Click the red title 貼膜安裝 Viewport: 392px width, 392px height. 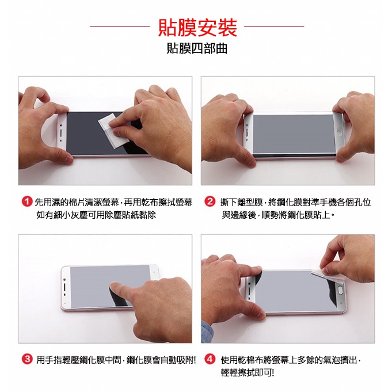coord(197,28)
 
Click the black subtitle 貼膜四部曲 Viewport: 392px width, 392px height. coord(197,48)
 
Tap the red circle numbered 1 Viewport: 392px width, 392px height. coord(27,201)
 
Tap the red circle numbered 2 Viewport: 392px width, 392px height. coord(210,201)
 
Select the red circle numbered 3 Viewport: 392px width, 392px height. coord(27,360)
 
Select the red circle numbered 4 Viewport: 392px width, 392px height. coord(210,360)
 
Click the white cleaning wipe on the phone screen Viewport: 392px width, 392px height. coord(113,131)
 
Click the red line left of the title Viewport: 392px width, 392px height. coord(120,26)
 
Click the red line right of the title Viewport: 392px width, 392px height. coord(274,26)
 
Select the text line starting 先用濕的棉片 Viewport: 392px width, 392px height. coord(114,202)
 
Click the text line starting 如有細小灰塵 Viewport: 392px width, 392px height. coord(96,215)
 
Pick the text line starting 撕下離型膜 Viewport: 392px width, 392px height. coord(295,202)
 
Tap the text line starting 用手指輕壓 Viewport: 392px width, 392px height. coord(116,360)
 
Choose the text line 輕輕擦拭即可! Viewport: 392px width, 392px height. coord(248,372)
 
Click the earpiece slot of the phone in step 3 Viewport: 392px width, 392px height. coord(64,287)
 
